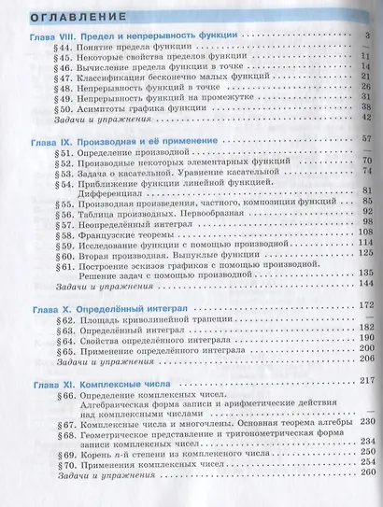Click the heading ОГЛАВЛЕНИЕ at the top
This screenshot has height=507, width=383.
pos(66,15)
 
